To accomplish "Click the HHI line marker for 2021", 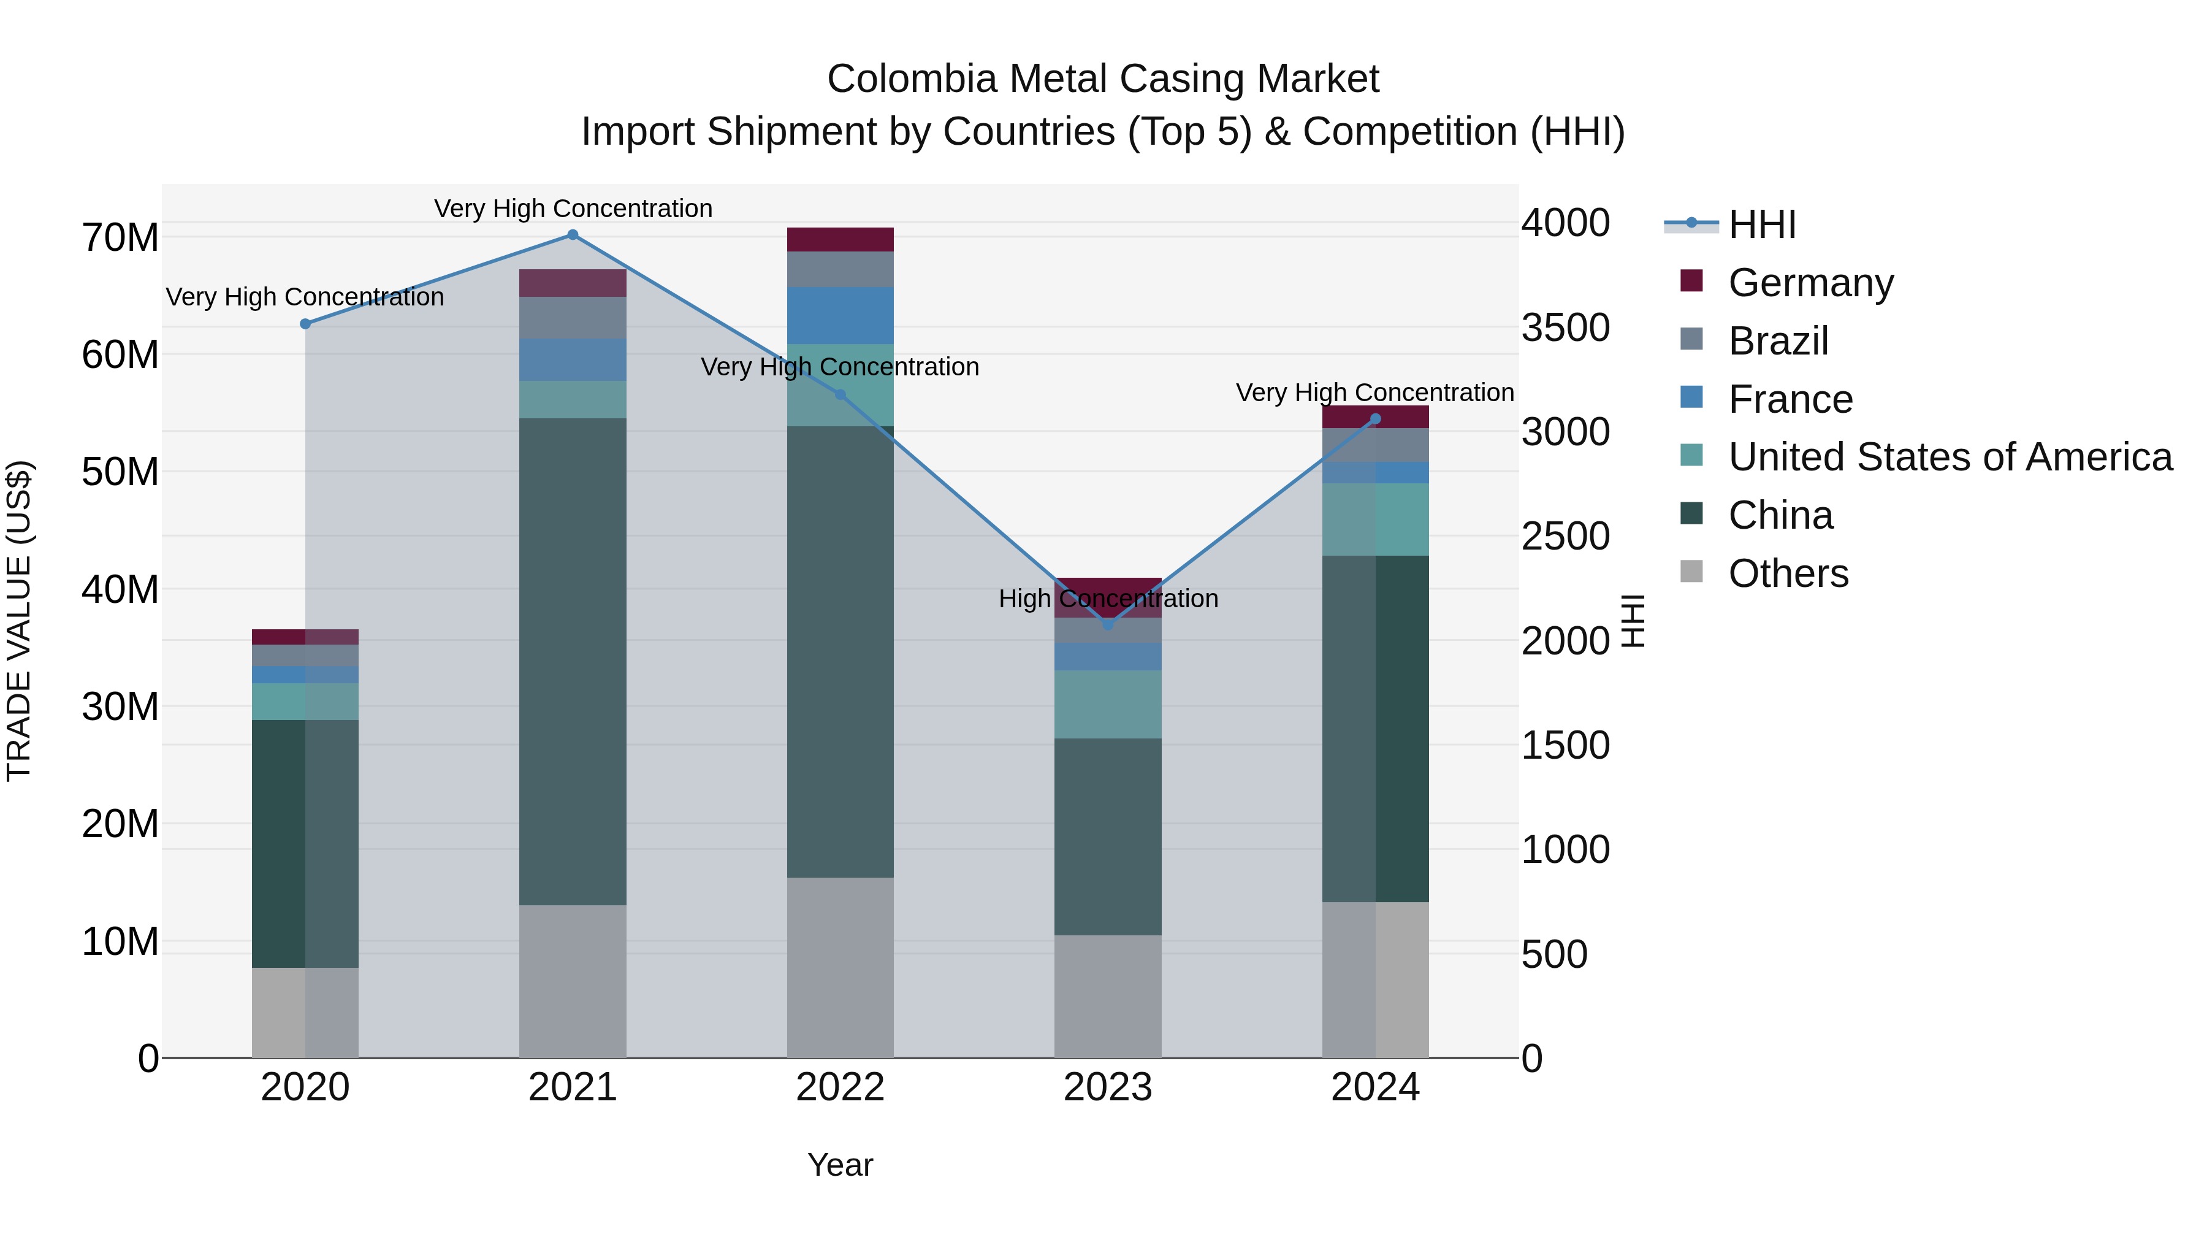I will pos(573,235).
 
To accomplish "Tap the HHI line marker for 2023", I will pos(1108,625).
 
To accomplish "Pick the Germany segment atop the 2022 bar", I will pos(840,239).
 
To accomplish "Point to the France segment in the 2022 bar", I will pos(840,315).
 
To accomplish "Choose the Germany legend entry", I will pos(1810,283).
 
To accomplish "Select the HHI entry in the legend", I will pos(1761,224).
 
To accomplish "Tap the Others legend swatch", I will pos(1691,572).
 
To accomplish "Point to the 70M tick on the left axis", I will pos(120,237).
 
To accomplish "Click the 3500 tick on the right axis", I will pos(1565,328).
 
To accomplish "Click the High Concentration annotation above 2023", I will pos(1108,598).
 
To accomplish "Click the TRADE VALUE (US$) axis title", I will pos(19,621).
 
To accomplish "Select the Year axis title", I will pos(840,1165).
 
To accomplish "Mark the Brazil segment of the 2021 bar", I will pos(573,317).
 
